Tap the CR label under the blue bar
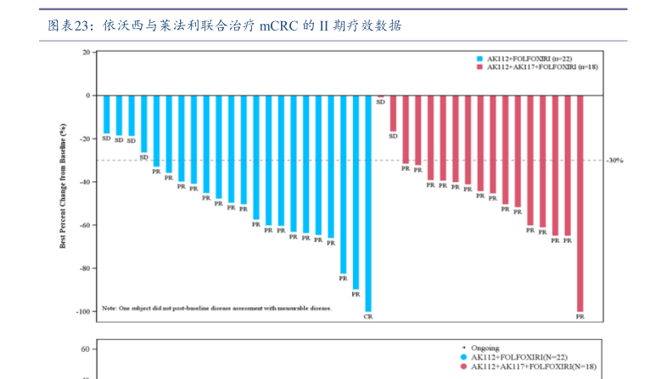367,316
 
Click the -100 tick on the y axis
81,312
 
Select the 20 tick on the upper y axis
85,53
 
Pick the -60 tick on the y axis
83,225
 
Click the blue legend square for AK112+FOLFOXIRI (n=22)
480,59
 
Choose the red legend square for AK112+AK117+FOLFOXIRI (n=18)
480,66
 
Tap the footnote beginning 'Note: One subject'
216,308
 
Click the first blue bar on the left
106,114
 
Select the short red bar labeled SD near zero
380,96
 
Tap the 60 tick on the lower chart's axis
85,349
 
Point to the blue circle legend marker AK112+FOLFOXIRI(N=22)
463,357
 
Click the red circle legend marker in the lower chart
463,366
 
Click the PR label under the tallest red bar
580,316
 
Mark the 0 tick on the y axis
87,95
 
